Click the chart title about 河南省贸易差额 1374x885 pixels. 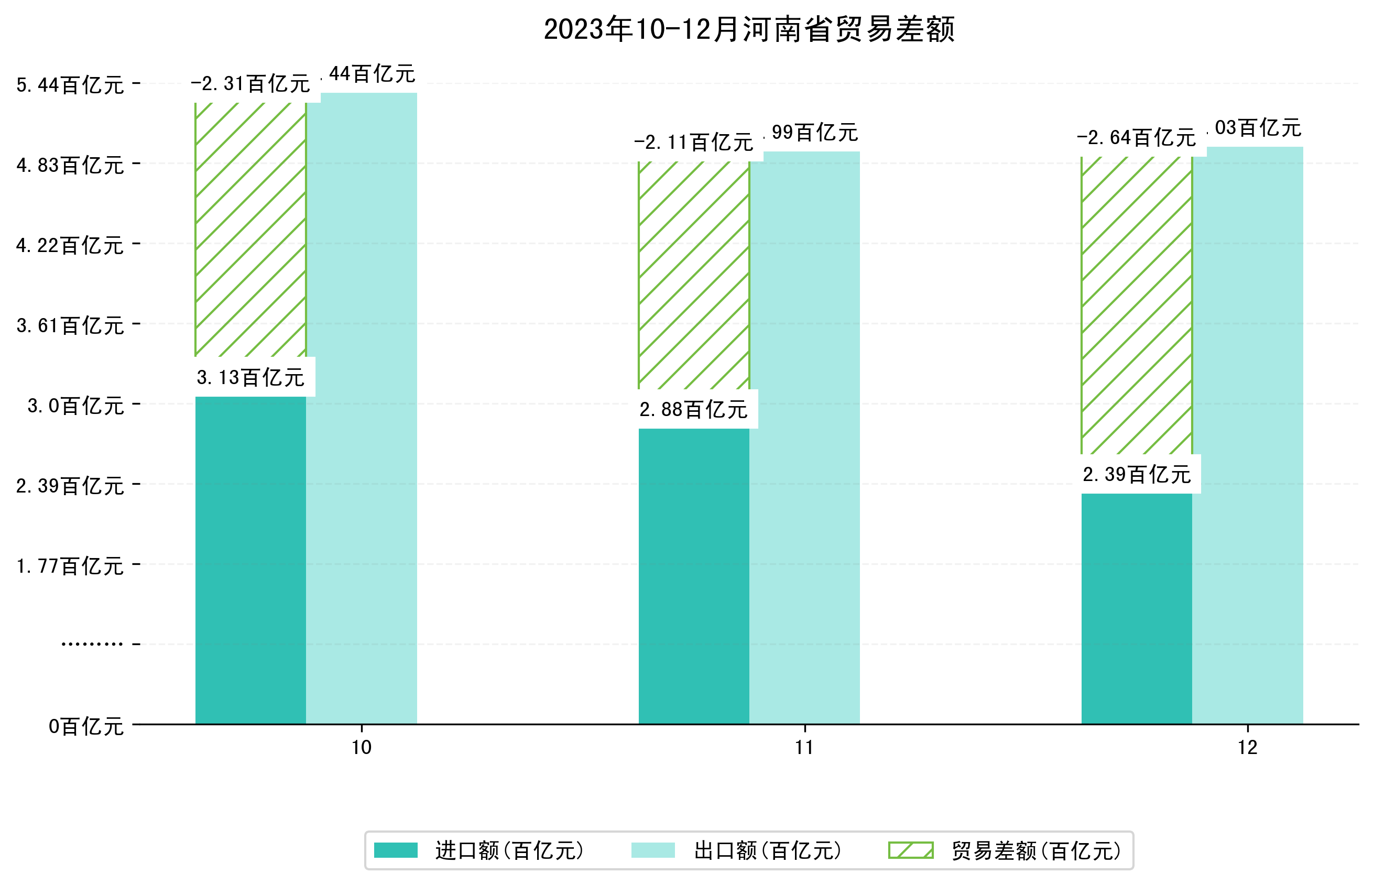pyautogui.click(x=749, y=29)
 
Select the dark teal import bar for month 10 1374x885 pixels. pyautogui.click(x=250, y=560)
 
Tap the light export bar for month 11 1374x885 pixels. pyautogui.click(x=804, y=437)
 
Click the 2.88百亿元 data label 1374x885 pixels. pyautogui.click(x=693, y=410)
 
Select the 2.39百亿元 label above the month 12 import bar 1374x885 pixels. pyautogui.click(x=1136, y=475)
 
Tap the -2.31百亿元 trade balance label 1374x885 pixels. pyautogui.click(x=250, y=84)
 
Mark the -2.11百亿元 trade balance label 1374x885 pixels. pyautogui.click(x=693, y=142)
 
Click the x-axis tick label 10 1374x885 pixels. pyautogui.click(x=362, y=748)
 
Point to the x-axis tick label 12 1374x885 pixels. pyautogui.click(x=1248, y=748)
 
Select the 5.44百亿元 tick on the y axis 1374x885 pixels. pyautogui.click(x=70, y=85)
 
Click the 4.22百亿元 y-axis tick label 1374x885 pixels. pyautogui.click(x=70, y=245)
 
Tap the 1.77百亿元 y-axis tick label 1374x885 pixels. pyautogui.click(x=70, y=566)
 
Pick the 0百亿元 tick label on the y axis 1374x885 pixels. pyautogui.click(x=86, y=726)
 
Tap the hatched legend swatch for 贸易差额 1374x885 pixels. pyautogui.click(x=910, y=850)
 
